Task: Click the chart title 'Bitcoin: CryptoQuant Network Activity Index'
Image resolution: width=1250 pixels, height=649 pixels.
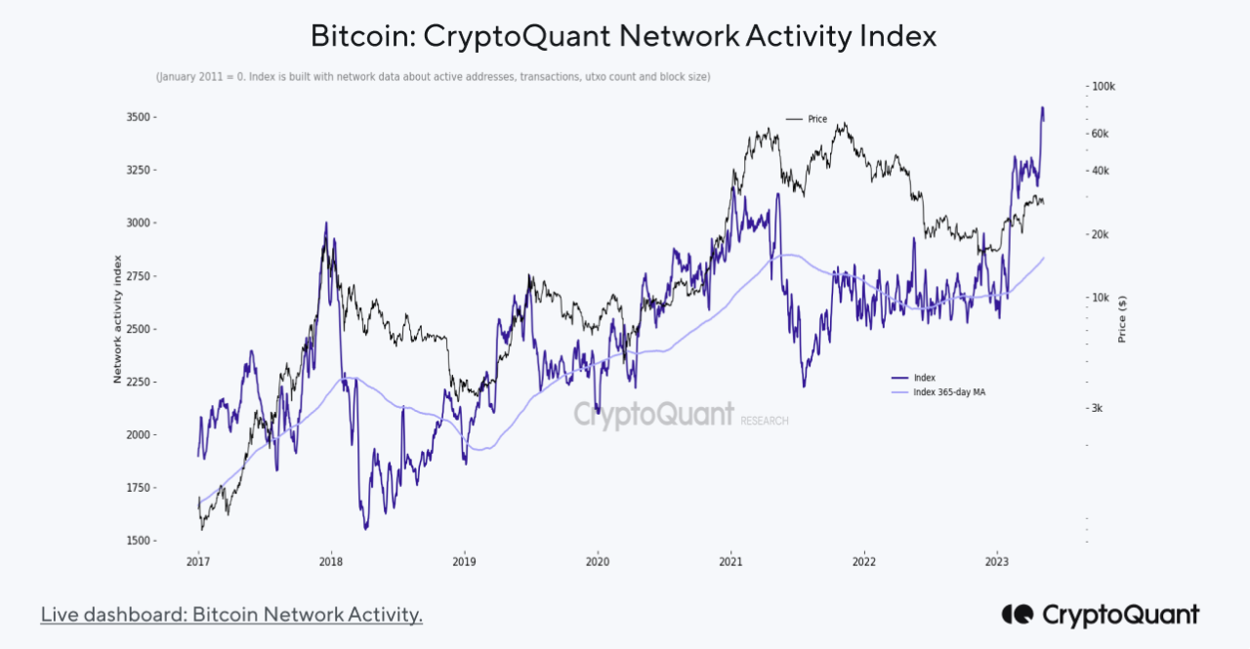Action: [x=624, y=36]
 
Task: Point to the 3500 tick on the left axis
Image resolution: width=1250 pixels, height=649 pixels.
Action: [x=141, y=117]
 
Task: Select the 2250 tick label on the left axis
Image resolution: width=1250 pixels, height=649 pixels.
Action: [x=141, y=383]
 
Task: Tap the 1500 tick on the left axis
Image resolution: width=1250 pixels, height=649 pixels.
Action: [x=141, y=541]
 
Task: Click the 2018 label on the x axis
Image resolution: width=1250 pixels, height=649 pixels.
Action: [x=331, y=562]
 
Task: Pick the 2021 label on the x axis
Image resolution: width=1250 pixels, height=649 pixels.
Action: [x=730, y=562]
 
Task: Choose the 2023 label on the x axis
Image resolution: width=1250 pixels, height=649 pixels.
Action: [x=997, y=562]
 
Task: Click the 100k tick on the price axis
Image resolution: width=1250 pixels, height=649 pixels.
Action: [x=1104, y=87]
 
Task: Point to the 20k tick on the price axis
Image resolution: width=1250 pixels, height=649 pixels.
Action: [x=1101, y=235]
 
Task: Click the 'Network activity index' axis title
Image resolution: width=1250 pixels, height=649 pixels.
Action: [x=117, y=319]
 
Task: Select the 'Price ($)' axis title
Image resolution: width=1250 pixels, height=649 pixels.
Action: [x=1123, y=319]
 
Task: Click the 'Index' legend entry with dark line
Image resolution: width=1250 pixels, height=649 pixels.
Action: [x=924, y=378]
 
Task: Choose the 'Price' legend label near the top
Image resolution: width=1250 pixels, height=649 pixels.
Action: [x=816, y=119]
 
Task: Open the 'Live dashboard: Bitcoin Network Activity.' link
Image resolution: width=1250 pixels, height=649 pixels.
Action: [x=231, y=615]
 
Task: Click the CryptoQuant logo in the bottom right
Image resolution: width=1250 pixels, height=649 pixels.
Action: [x=1100, y=615]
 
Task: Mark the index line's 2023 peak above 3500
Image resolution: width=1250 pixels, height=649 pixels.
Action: [x=1042, y=107]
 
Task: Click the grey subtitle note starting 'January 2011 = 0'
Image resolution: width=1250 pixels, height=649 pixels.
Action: [x=433, y=76]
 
